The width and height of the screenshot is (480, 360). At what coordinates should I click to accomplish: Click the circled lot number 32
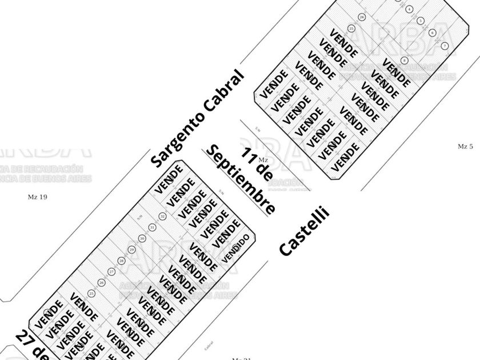pos(162,217)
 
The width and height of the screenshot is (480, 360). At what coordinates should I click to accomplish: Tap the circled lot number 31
pos(152,227)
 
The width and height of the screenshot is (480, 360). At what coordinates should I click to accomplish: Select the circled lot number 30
pos(142,238)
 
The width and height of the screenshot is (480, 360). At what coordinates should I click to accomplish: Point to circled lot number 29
pos(131,250)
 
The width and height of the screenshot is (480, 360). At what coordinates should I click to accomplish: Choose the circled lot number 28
pos(121,261)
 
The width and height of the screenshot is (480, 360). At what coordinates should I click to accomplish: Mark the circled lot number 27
pos(111,271)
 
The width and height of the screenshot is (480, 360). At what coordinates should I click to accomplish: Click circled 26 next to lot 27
pos(101,282)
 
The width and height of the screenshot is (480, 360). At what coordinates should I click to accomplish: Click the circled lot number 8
pos(404,60)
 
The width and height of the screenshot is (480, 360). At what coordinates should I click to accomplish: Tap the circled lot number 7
pos(445,45)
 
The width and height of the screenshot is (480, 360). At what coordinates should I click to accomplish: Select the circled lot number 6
pos(433,33)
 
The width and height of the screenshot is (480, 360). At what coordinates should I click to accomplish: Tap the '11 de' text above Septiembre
pos(255,162)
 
